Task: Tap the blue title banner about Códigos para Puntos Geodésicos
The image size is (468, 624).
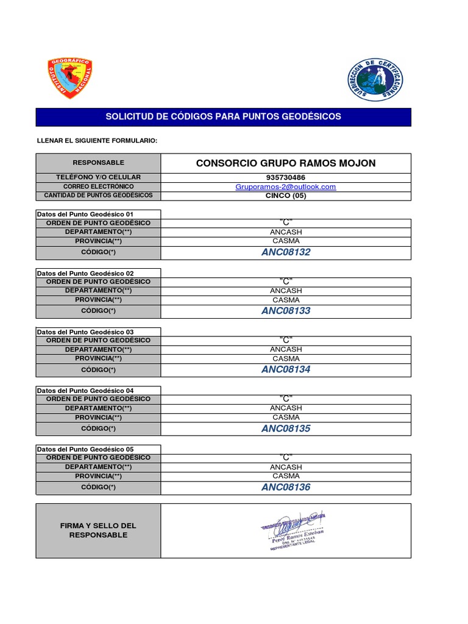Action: click(223, 116)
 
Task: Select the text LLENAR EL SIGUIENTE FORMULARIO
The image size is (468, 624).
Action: click(97, 141)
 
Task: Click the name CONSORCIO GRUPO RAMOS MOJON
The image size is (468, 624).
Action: click(285, 163)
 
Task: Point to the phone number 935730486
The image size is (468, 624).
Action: click(285, 177)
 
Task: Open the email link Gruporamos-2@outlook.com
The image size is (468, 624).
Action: click(285, 187)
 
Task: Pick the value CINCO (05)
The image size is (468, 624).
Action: click(285, 196)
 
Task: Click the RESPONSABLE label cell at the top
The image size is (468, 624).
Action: click(98, 163)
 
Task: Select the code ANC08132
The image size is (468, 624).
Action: click(285, 252)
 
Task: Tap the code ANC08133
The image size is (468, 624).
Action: click(285, 311)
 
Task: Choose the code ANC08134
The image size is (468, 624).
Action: click(285, 369)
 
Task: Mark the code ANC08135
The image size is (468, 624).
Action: click(285, 428)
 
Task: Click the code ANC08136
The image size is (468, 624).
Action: click(285, 487)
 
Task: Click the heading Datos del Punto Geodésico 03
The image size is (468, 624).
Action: click(85, 332)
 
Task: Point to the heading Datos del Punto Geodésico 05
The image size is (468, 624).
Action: click(85, 449)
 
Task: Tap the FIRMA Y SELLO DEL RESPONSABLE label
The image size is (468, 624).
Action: click(98, 530)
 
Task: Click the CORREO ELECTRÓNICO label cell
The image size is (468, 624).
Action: click(98, 186)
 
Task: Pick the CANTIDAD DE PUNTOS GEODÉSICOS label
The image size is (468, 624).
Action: click(98, 196)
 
